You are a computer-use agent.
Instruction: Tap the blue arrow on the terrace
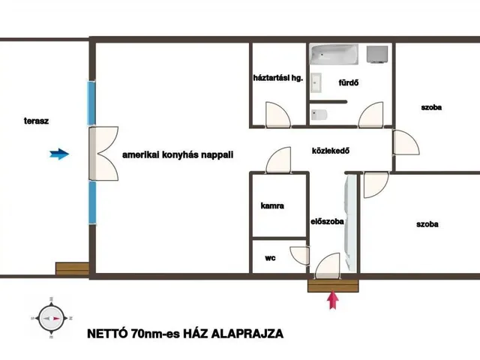point(58,154)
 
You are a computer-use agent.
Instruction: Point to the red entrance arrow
point(334,300)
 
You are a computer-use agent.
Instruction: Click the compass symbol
point(51,318)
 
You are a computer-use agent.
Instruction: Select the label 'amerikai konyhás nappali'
point(178,154)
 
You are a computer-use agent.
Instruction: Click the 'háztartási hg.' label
point(277,77)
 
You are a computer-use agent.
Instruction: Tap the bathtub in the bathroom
point(334,55)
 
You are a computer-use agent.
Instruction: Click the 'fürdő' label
point(348,83)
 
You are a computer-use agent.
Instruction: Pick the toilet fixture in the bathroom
point(318,115)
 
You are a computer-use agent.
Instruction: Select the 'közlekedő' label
point(332,150)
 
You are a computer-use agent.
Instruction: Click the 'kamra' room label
point(272,206)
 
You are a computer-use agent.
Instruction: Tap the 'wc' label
point(270,257)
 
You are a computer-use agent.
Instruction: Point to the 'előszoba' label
point(327,222)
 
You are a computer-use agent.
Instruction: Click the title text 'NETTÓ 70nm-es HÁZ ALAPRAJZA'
point(184,333)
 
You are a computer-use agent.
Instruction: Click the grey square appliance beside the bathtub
point(376,54)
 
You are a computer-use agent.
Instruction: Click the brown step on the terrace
point(72,268)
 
